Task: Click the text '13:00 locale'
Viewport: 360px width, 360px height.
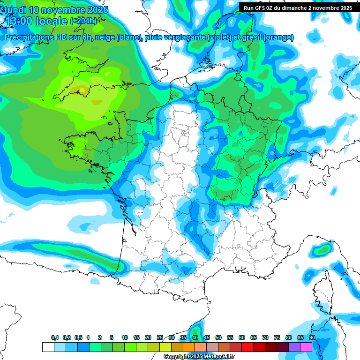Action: pos(35,21)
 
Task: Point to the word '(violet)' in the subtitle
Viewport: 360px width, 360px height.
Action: pos(219,37)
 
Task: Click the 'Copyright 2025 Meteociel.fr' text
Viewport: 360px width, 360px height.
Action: pos(199,356)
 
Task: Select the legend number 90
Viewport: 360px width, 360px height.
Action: pos(312,337)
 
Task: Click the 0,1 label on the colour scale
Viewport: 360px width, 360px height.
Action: pos(55,337)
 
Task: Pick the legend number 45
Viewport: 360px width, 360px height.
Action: pos(207,337)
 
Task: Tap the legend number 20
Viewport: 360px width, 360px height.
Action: pos(148,337)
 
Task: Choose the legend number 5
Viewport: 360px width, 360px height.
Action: pos(112,337)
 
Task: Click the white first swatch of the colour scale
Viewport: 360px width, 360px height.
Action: pos(48,347)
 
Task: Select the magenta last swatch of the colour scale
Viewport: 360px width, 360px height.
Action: pos(306,347)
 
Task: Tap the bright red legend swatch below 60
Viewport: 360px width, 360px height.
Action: pos(247,347)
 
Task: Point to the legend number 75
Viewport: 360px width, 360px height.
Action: pos(277,337)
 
